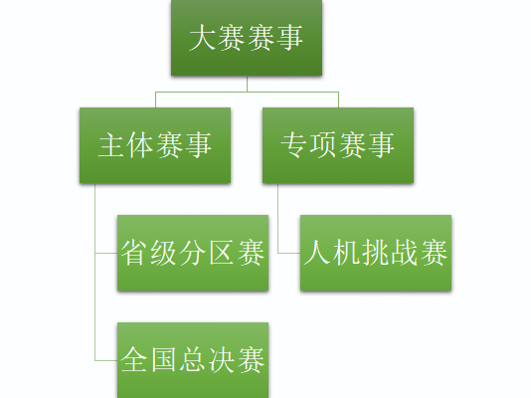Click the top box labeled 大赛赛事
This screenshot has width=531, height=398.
coord(247,37)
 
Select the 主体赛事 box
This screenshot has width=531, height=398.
coord(155,145)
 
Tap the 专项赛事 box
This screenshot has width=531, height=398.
coord(338,145)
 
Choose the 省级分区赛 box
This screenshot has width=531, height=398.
coord(193,253)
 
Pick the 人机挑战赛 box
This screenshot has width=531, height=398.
coord(376,253)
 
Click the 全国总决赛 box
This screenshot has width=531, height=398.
coord(193,360)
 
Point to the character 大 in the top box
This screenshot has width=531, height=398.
coord(203,38)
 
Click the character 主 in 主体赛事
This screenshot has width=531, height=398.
coord(112,145)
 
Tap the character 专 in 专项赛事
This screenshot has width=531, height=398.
coord(294,145)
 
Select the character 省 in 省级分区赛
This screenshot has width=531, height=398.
coord(135,253)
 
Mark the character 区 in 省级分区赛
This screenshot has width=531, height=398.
coord(222,253)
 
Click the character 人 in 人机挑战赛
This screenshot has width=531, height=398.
coord(317,253)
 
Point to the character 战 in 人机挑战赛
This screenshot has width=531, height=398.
coord(405,253)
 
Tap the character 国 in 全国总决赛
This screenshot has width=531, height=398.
coord(164,360)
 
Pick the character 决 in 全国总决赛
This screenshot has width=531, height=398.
coord(222,360)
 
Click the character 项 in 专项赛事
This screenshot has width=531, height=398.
coord(323,145)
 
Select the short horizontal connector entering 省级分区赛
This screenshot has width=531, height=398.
coord(106,253)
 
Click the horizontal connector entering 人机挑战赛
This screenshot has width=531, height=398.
coord(289,253)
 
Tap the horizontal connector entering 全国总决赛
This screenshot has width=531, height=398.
coord(106,360)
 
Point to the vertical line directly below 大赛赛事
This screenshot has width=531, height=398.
coord(247,84)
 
